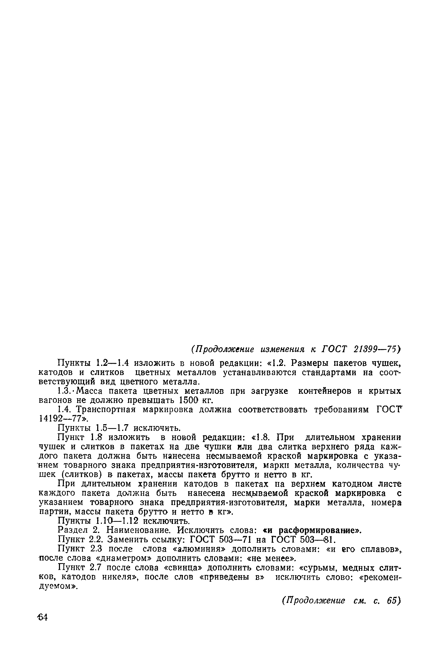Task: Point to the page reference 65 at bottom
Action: coord(394,601)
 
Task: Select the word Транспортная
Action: coord(106,410)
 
